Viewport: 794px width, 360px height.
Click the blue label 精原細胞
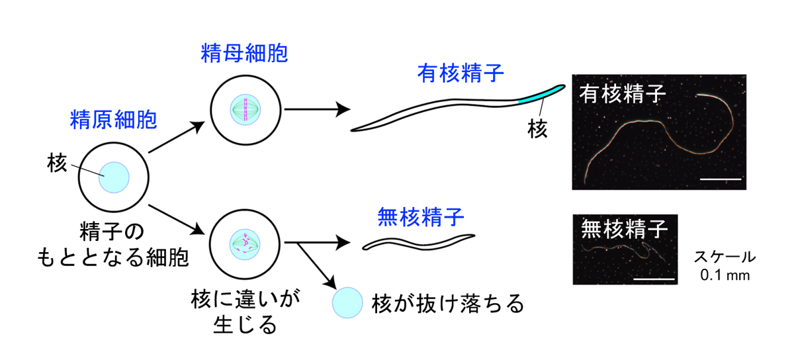(113, 120)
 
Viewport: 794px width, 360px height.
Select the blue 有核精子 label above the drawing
(461, 73)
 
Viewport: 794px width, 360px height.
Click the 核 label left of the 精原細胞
(58, 163)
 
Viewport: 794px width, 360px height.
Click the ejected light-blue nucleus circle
(347, 303)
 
